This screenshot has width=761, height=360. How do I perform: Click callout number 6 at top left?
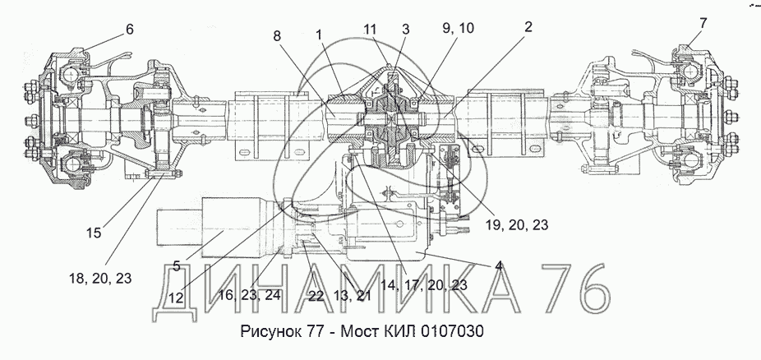129,29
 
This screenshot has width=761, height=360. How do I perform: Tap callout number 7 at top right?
703,23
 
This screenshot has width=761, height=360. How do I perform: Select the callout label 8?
277,35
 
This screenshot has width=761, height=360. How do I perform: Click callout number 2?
528,26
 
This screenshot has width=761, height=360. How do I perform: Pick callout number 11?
371,29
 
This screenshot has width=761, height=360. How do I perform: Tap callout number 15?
95,233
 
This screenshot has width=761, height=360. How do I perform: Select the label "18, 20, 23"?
100,278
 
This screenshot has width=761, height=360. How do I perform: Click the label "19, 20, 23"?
517,224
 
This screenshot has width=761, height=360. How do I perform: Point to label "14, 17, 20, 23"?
424,285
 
